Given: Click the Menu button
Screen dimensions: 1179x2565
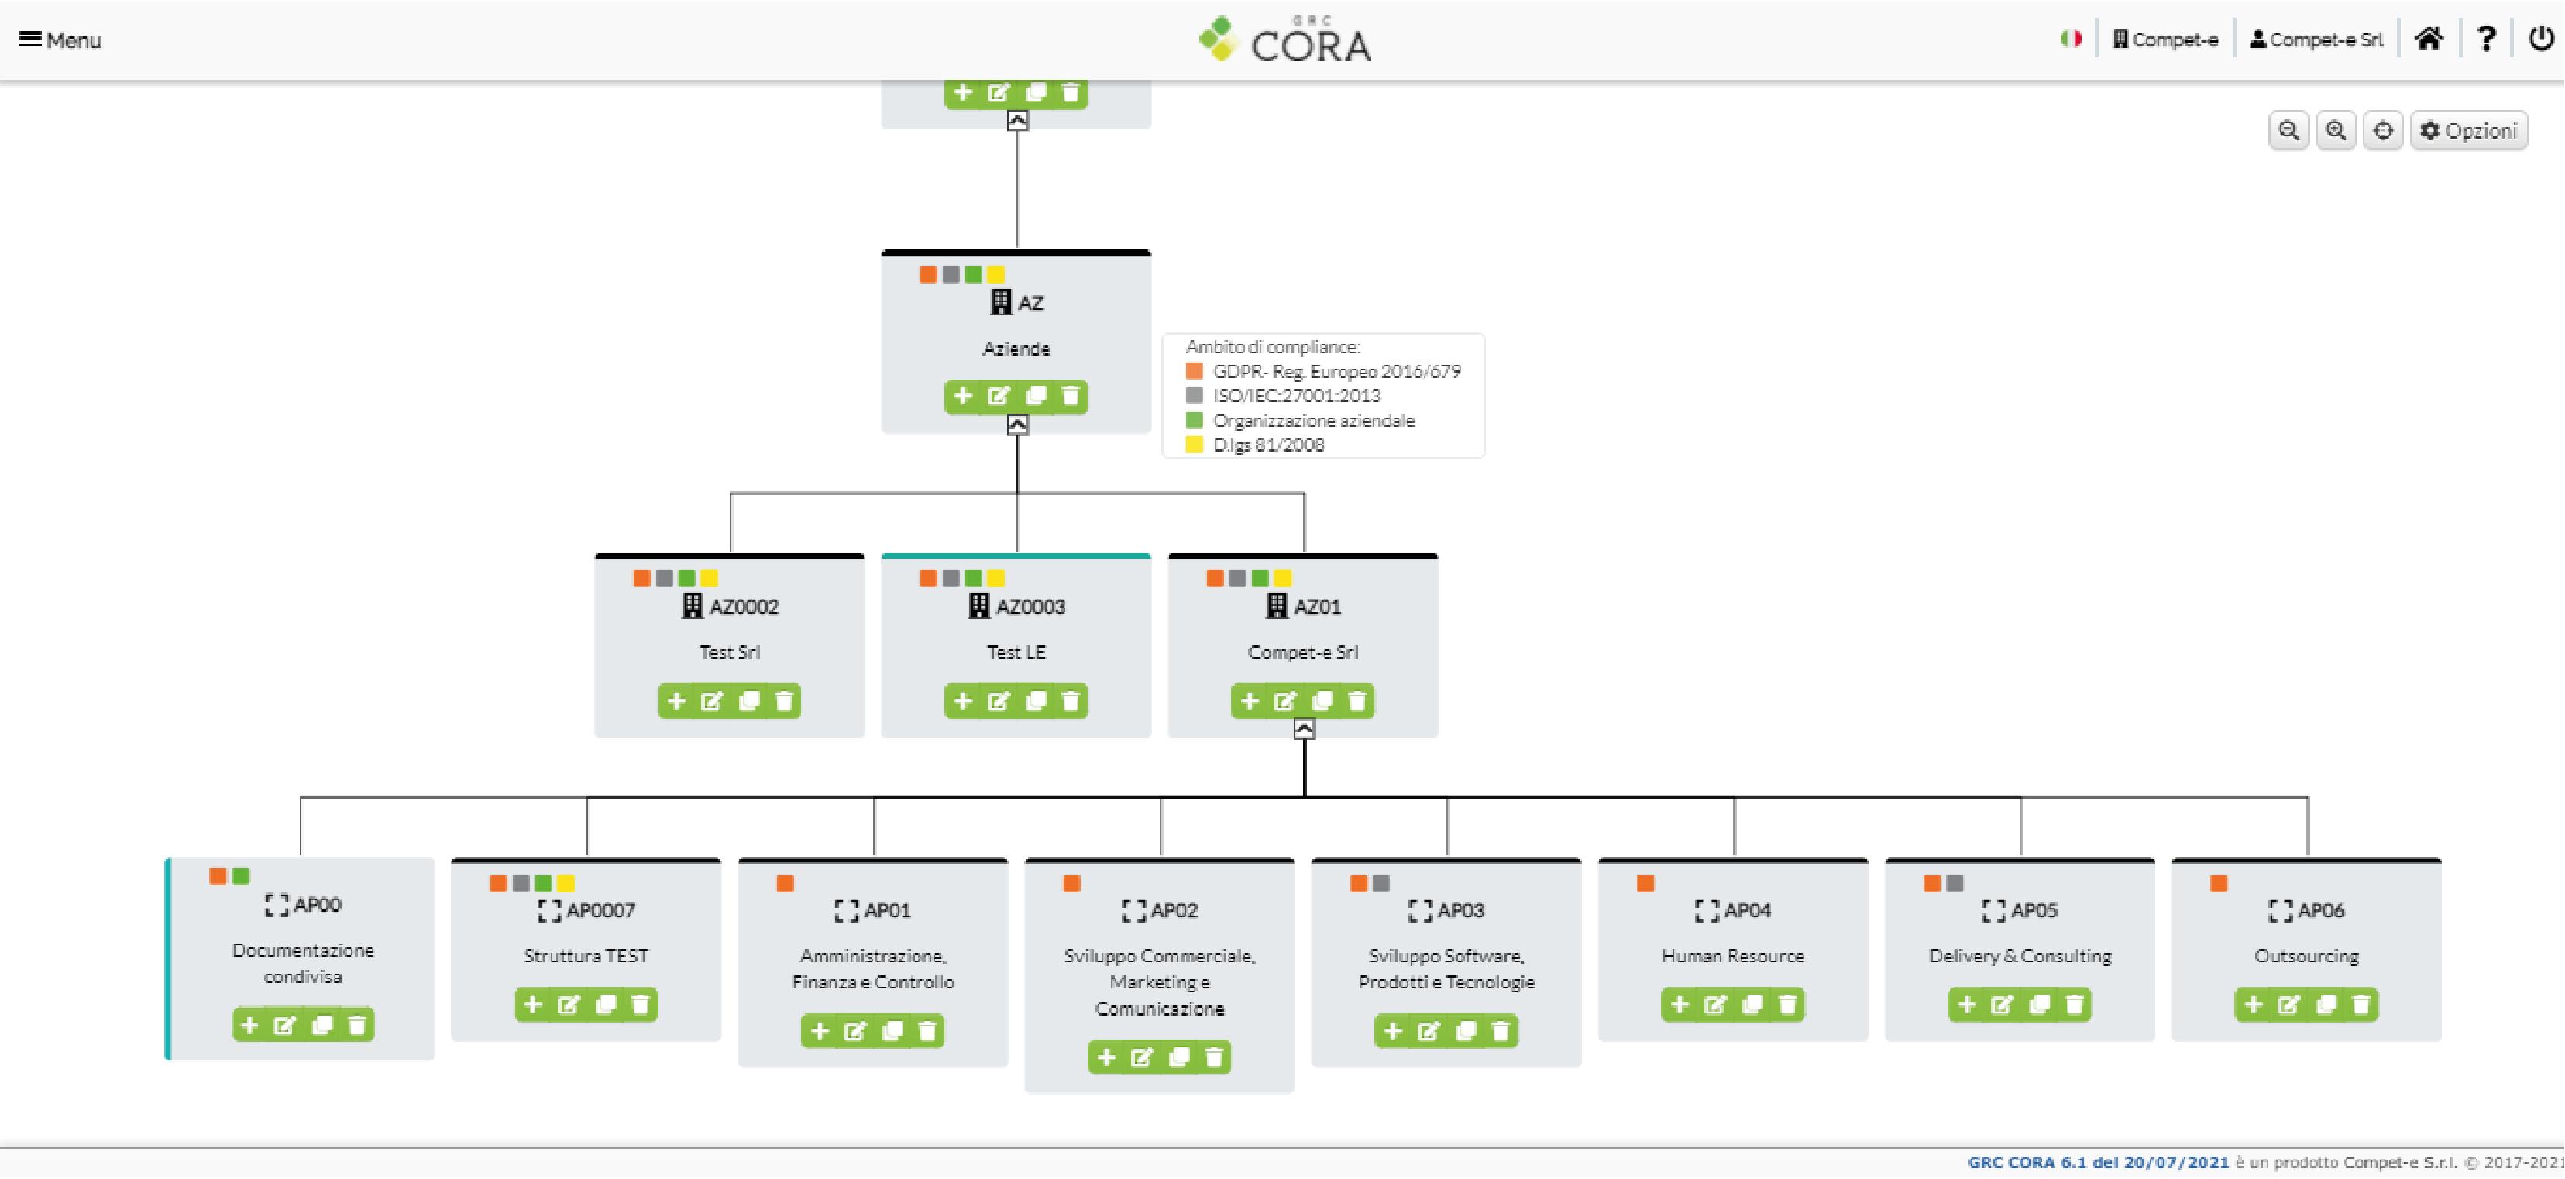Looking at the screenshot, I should click(x=60, y=40).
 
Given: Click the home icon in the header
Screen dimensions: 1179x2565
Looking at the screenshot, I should click(x=2429, y=39).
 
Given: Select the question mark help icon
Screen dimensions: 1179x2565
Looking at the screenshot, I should click(x=2486, y=39).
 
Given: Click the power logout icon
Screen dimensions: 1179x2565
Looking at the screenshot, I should click(x=2541, y=39).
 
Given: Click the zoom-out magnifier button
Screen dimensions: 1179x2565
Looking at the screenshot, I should click(x=2288, y=130).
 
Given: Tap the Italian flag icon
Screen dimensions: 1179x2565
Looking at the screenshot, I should click(x=2071, y=39).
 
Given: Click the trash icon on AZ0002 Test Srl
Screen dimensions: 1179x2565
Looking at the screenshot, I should click(x=785, y=701).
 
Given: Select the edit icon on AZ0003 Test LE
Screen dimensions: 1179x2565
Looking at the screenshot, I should click(x=998, y=701).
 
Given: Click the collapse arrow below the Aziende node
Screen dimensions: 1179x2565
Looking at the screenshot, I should click(x=1016, y=425).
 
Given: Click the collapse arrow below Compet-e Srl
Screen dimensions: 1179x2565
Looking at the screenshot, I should click(x=1303, y=730).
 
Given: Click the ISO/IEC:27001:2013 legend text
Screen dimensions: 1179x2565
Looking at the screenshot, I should click(x=1296, y=395).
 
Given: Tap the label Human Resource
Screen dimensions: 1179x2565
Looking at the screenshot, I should click(x=1732, y=956).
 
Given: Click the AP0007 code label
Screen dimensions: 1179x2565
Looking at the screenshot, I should click(x=600, y=910).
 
